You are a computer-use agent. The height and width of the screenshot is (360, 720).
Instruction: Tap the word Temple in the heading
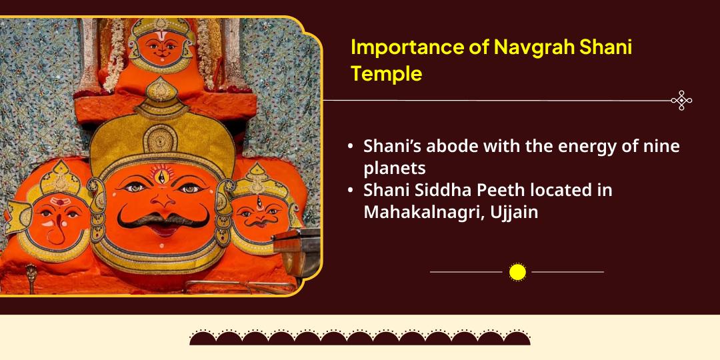[387, 74]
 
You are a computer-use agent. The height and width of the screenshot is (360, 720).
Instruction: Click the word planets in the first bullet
[395, 167]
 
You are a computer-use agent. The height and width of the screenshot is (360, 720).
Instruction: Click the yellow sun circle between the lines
[517, 272]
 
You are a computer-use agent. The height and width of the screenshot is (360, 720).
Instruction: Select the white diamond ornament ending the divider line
[681, 101]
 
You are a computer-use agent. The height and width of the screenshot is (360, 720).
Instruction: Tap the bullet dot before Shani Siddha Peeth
[351, 191]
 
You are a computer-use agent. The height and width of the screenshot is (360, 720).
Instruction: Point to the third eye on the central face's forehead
[160, 175]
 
